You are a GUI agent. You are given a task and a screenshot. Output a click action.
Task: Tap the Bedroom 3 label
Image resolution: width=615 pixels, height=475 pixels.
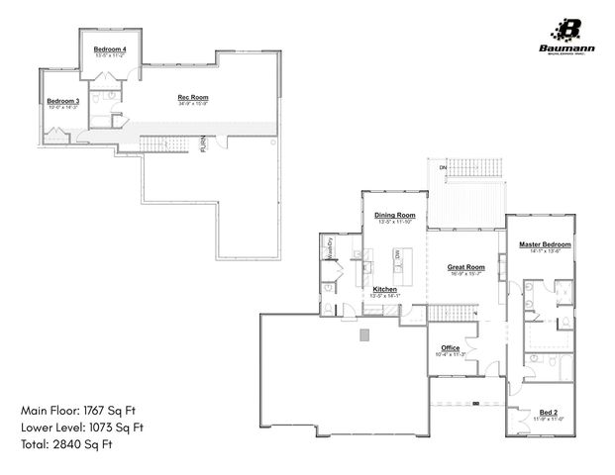(x=62, y=101)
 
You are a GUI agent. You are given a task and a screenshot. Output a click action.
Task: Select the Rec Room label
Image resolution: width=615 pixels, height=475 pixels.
(x=192, y=97)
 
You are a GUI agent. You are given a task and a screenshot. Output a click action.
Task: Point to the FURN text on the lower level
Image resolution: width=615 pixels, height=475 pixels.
(x=204, y=144)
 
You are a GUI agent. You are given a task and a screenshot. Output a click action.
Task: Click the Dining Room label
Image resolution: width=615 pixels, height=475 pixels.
(x=394, y=215)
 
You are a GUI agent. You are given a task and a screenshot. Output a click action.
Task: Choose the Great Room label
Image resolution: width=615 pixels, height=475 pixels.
(x=465, y=267)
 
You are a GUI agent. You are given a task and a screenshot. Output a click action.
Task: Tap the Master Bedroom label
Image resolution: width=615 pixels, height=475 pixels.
(x=546, y=243)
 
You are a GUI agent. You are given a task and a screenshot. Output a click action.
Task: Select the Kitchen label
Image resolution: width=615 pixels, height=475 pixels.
(x=384, y=289)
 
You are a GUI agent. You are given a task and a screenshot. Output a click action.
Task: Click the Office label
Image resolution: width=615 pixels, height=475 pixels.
(x=451, y=347)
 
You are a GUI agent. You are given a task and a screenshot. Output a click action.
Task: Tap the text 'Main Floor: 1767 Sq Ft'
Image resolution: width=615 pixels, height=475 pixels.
(x=82, y=409)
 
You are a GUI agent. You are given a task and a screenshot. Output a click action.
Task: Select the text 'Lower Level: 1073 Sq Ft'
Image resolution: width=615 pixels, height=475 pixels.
(x=83, y=427)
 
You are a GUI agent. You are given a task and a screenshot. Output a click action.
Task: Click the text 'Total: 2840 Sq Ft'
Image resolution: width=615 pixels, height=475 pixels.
(x=66, y=445)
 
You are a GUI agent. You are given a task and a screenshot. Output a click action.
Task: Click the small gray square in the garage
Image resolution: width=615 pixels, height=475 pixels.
(x=364, y=336)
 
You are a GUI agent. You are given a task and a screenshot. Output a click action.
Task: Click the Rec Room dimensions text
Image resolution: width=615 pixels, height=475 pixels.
(x=192, y=103)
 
